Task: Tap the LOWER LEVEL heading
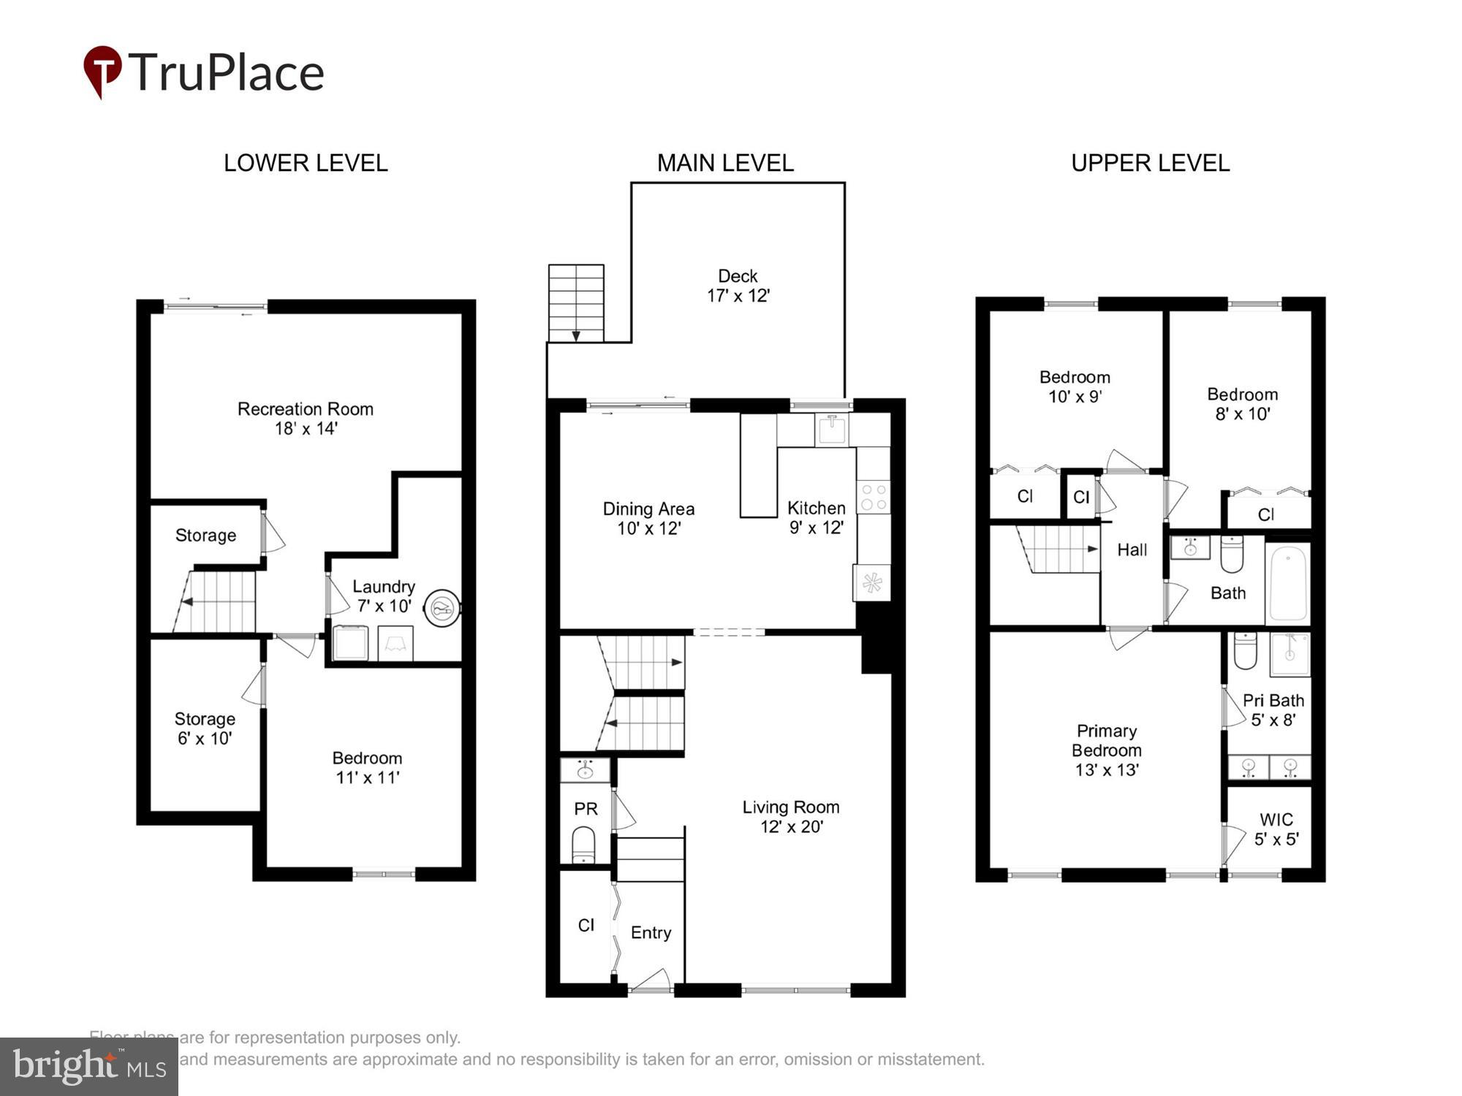click(306, 163)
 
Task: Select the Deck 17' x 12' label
click(738, 286)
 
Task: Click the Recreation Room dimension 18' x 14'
click(306, 429)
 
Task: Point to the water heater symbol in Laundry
click(442, 608)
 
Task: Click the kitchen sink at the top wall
click(832, 430)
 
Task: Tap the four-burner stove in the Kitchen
click(874, 498)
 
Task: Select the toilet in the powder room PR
click(583, 845)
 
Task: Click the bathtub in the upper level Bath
click(1288, 584)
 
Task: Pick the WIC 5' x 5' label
click(1276, 829)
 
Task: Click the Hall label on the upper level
click(1132, 550)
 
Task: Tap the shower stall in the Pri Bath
click(1290, 654)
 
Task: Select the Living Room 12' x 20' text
click(791, 817)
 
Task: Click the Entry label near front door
click(651, 933)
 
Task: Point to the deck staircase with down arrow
click(576, 303)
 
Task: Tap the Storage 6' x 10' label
click(205, 728)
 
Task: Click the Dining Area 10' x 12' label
click(648, 518)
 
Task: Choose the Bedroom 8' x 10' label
click(1242, 404)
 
